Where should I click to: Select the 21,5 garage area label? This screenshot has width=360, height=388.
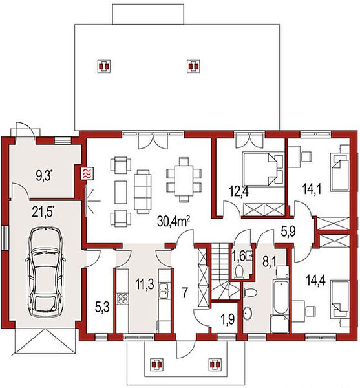click(x=43, y=211)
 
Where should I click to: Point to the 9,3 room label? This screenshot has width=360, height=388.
click(x=45, y=175)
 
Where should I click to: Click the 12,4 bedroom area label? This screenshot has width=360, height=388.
click(x=239, y=192)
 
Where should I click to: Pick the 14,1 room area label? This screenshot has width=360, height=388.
click(x=312, y=189)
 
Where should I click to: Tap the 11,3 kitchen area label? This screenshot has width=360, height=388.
click(x=145, y=284)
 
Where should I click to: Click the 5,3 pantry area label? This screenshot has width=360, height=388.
click(x=102, y=308)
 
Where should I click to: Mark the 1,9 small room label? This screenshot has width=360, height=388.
click(x=228, y=319)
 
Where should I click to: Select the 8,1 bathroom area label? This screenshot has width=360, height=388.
click(x=269, y=262)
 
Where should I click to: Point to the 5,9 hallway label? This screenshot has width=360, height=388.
click(x=288, y=232)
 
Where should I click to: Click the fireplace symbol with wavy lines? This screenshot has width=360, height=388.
click(x=88, y=173)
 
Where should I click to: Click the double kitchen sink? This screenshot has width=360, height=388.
click(x=164, y=291)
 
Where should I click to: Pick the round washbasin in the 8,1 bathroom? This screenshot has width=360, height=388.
click(x=248, y=314)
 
